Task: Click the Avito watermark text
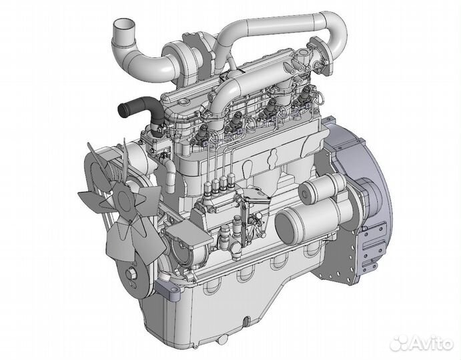pyautogui.click(x=421, y=343)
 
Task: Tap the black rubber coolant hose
pyautogui.click(x=143, y=113)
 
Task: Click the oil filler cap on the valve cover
pyautogui.click(x=184, y=102)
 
